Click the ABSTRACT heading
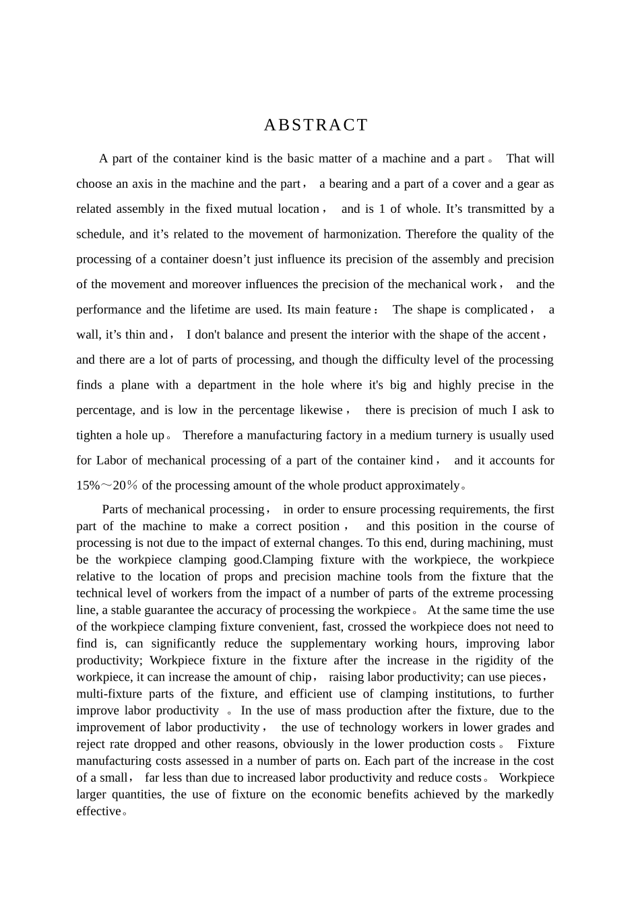(x=316, y=125)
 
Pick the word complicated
(x=495, y=310)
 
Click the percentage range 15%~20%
(x=108, y=485)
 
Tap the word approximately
(x=420, y=485)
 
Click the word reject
(x=92, y=744)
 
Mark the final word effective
(x=98, y=811)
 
